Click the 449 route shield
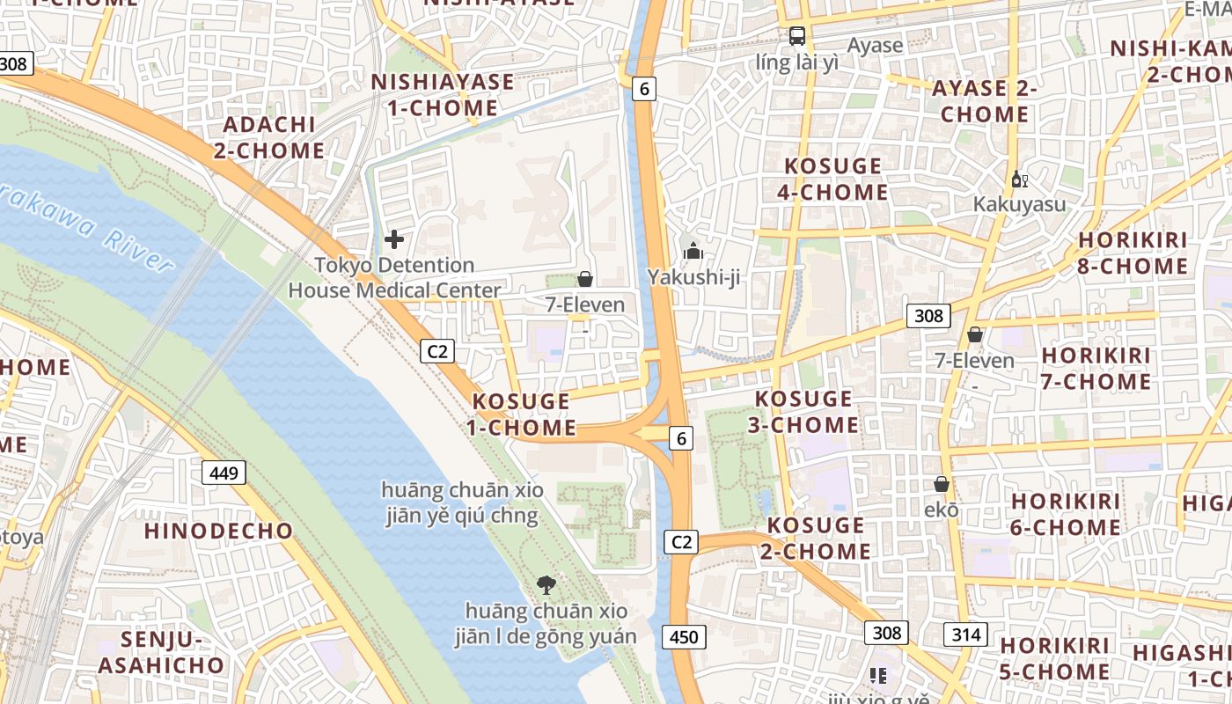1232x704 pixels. tap(224, 473)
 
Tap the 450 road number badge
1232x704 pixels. tap(684, 637)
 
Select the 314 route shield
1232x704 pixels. tap(966, 634)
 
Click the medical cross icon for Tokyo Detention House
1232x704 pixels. tap(394, 238)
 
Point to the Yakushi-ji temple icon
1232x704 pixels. tap(693, 252)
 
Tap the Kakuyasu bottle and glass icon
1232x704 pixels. tap(1019, 179)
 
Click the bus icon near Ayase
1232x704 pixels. tap(796, 36)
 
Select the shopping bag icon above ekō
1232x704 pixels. tap(942, 484)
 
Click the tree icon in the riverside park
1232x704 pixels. tap(546, 584)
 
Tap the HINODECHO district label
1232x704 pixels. tap(218, 531)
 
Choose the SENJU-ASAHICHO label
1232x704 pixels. tap(161, 652)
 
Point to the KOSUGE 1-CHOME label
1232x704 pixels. tap(522, 414)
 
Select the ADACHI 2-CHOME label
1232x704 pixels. tap(269, 137)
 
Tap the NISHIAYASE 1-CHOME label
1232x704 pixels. tap(443, 95)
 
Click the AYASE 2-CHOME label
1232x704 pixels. tap(984, 101)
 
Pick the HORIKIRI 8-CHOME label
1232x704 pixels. tap(1133, 253)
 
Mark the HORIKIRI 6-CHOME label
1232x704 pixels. tap(1066, 514)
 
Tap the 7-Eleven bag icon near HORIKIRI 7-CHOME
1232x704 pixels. tap(974, 334)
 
